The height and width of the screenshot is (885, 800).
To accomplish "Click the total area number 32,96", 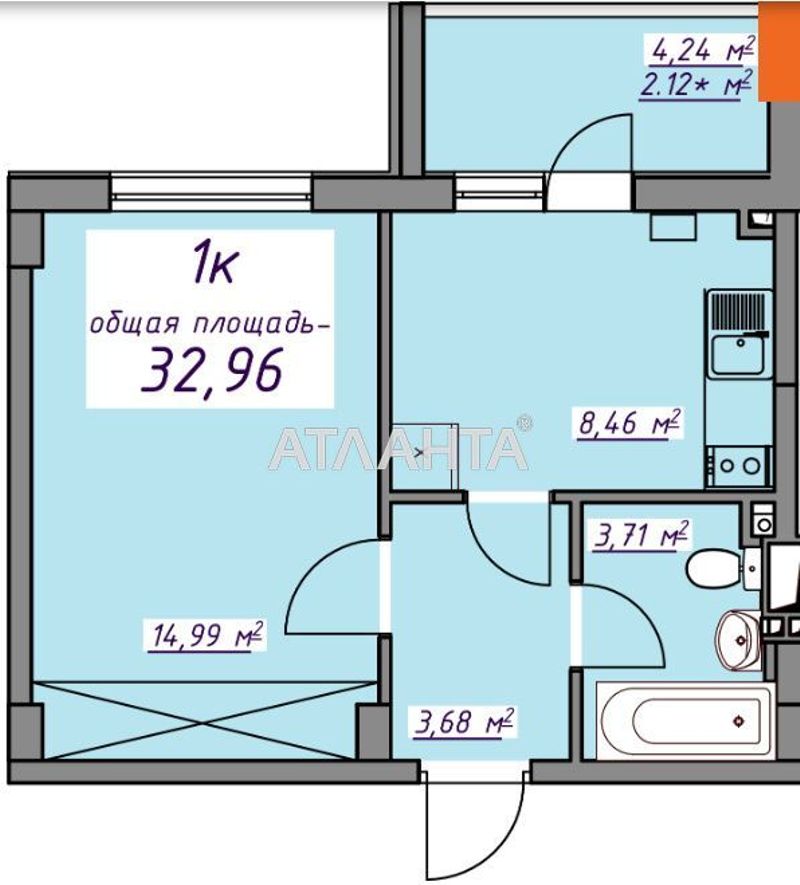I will (x=212, y=369).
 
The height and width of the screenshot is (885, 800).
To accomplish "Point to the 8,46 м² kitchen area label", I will (x=629, y=423).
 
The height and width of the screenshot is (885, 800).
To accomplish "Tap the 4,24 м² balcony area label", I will (x=701, y=47).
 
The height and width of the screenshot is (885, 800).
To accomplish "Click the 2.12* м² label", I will (x=697, y=86).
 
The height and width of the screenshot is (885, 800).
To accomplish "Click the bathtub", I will (x=684, y=719).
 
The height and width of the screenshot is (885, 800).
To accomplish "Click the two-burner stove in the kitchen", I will (x=738, y=465).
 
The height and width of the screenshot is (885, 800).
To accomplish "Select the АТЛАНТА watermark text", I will (x=397, y=449).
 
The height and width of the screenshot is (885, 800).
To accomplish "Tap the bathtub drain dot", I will (x=738, y=720).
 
